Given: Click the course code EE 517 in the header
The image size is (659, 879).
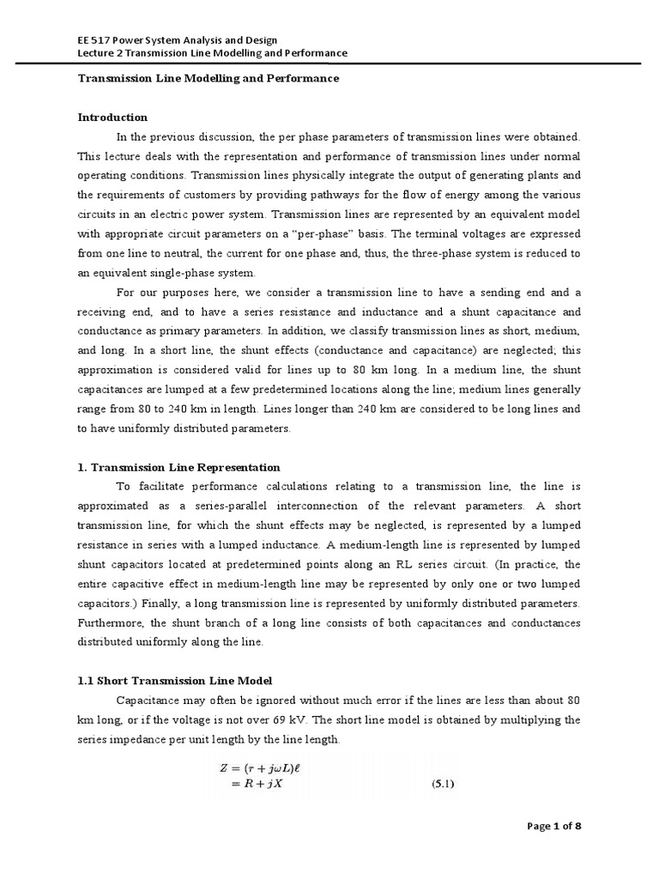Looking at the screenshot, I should point(88,39).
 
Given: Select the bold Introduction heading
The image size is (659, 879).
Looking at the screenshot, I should point(112,118).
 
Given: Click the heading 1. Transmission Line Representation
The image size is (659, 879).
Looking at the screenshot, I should point(178,468).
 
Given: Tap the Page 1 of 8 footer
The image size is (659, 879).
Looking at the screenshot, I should point(553,827).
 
